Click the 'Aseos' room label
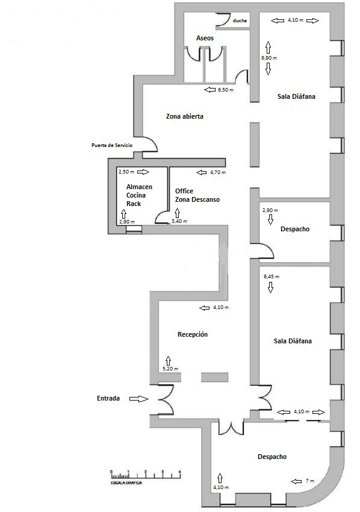pos(205,39)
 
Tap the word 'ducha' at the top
pos(239,20)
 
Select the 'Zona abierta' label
pos(185,117)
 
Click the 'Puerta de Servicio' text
pos(112,145)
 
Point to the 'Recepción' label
pos(193,334)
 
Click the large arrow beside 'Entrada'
pos(139,399)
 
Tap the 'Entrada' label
pos(110,399)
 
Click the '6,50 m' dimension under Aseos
pos(226,90)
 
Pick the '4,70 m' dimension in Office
pos(217,173)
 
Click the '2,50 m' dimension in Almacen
pos(126,172)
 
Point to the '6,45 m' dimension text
pos(272,276)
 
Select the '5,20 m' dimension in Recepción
pos(171,369)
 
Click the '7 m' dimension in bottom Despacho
pos(310,481)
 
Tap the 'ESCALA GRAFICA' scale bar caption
pos(126,483)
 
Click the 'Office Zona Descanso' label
pos(197,195)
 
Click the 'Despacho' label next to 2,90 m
pos(295,229)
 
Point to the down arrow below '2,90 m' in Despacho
pos(271,220)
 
